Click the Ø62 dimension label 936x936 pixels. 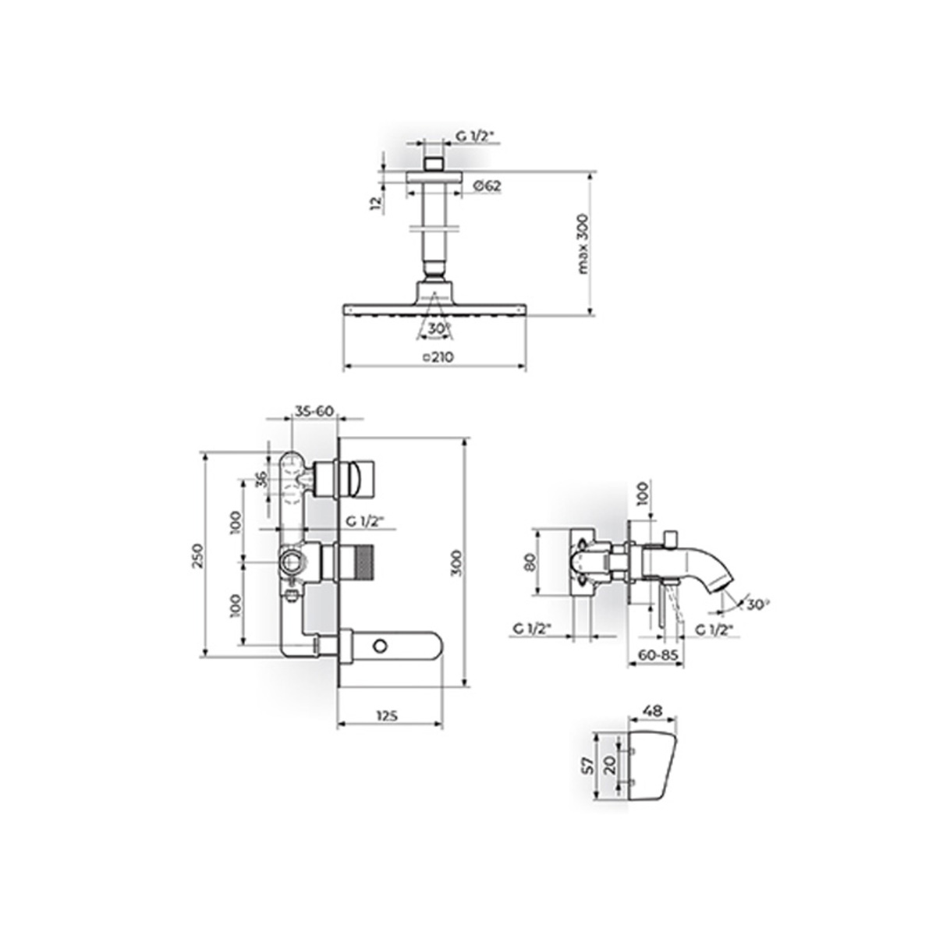coord(486,186)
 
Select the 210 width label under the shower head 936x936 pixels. coord(438,357)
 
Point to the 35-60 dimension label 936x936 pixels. coord(315,411)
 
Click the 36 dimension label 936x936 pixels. coord(261,480)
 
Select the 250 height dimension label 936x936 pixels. coord(197,556)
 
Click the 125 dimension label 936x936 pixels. coord(388,716)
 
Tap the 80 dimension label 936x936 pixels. coord(530,562)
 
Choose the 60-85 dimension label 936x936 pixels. coord(658,654)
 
